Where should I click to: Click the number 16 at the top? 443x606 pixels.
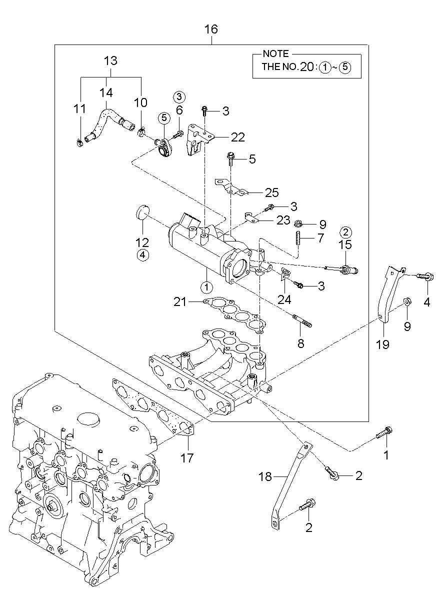[x=211, y=29]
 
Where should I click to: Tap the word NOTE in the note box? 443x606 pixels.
[x=276, y=54]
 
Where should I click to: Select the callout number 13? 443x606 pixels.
[x=110, y=60]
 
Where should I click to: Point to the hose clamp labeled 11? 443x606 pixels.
[x=78, y=143]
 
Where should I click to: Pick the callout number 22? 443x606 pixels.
[x=238, y=137]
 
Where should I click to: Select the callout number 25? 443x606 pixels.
[x=272, y=192]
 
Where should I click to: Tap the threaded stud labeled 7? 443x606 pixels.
[x=298, y=238]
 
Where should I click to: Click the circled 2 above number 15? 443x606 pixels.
[x=345, y=232]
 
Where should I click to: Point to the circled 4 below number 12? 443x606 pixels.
[x=143, y=255]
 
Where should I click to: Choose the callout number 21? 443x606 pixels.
[x=180, y=301]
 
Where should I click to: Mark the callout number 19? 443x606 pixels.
[x=382, y=344]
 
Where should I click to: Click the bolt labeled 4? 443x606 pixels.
[x=425, y=276]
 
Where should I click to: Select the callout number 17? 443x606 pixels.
[x=187, y=458]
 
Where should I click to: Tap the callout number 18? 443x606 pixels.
[x=265, y=476]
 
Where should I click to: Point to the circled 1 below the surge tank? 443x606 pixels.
[x=206, y=287]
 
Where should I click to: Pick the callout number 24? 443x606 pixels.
[x=284, y=300]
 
